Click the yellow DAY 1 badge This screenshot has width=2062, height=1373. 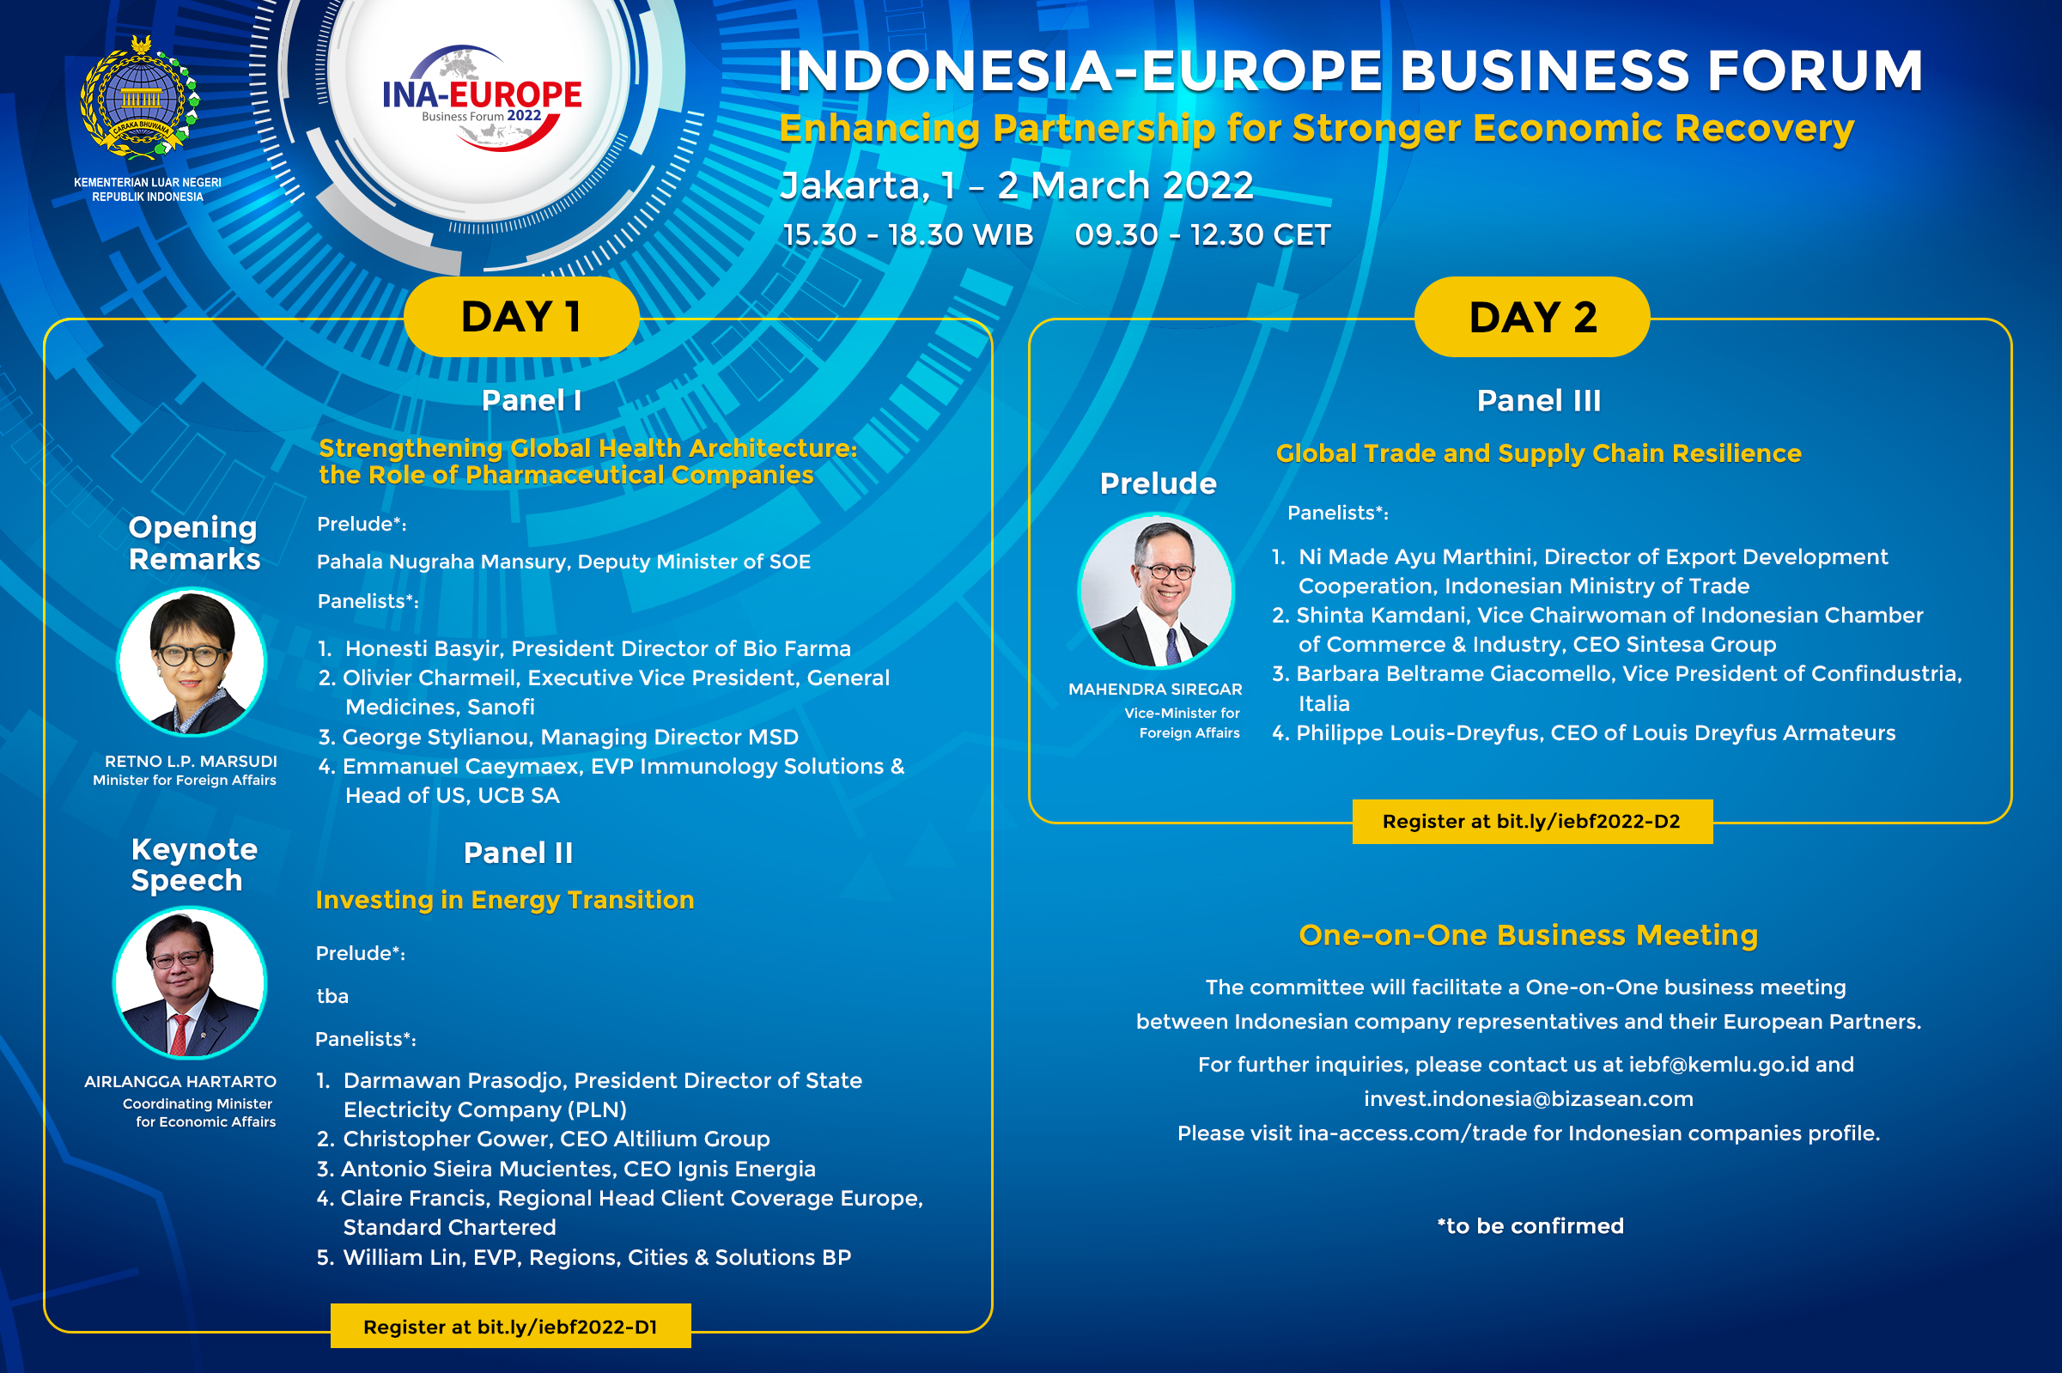coord(522,316)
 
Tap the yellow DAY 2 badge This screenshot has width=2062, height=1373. coord(1532,316)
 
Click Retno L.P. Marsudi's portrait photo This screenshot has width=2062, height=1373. coord(192,661)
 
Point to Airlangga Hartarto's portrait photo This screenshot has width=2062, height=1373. coord(190,981)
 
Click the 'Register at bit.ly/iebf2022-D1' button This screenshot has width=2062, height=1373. coord(510,1327)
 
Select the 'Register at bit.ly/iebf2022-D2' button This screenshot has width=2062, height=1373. coord(1532,822)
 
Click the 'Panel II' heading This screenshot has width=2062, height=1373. coord(519,853)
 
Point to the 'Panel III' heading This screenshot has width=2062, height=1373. coord(1538,400)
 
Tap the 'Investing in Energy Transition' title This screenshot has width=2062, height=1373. coord(505,900)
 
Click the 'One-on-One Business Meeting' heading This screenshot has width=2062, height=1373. coord(1529,935)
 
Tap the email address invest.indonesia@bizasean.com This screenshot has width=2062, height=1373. coord(1529,1099)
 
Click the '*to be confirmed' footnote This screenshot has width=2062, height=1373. coord(1530,1226)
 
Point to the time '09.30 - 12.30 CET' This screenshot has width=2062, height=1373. coord(1203,234)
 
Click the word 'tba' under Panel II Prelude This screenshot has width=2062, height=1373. coord(332,996)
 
